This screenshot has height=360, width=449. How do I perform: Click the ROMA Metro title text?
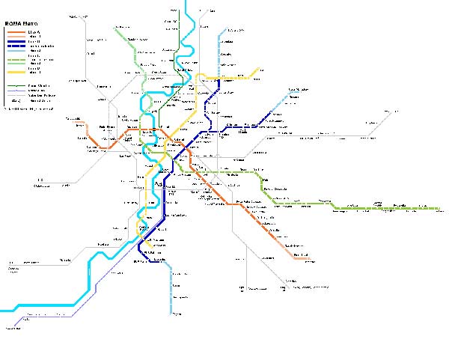click(x=21, y=24)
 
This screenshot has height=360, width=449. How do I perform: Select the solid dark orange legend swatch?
click(x=16, y=32)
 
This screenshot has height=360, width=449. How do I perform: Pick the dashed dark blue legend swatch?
click(x=16, y=46)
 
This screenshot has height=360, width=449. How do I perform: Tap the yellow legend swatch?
click(x=16, y=73)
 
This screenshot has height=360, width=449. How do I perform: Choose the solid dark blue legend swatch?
click(x=16, y=42)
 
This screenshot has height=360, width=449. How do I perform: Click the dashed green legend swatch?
click(x=16, y=59)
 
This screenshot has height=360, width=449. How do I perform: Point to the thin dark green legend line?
click(x=16, y=85)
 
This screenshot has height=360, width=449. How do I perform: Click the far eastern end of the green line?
click(x=439, y=207)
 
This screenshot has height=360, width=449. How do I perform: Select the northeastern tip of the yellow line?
click(x=259, y=70)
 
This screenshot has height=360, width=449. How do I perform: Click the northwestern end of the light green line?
click(x=115, y=28)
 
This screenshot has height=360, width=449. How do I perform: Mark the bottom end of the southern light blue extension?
click(x=171, y=313)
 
